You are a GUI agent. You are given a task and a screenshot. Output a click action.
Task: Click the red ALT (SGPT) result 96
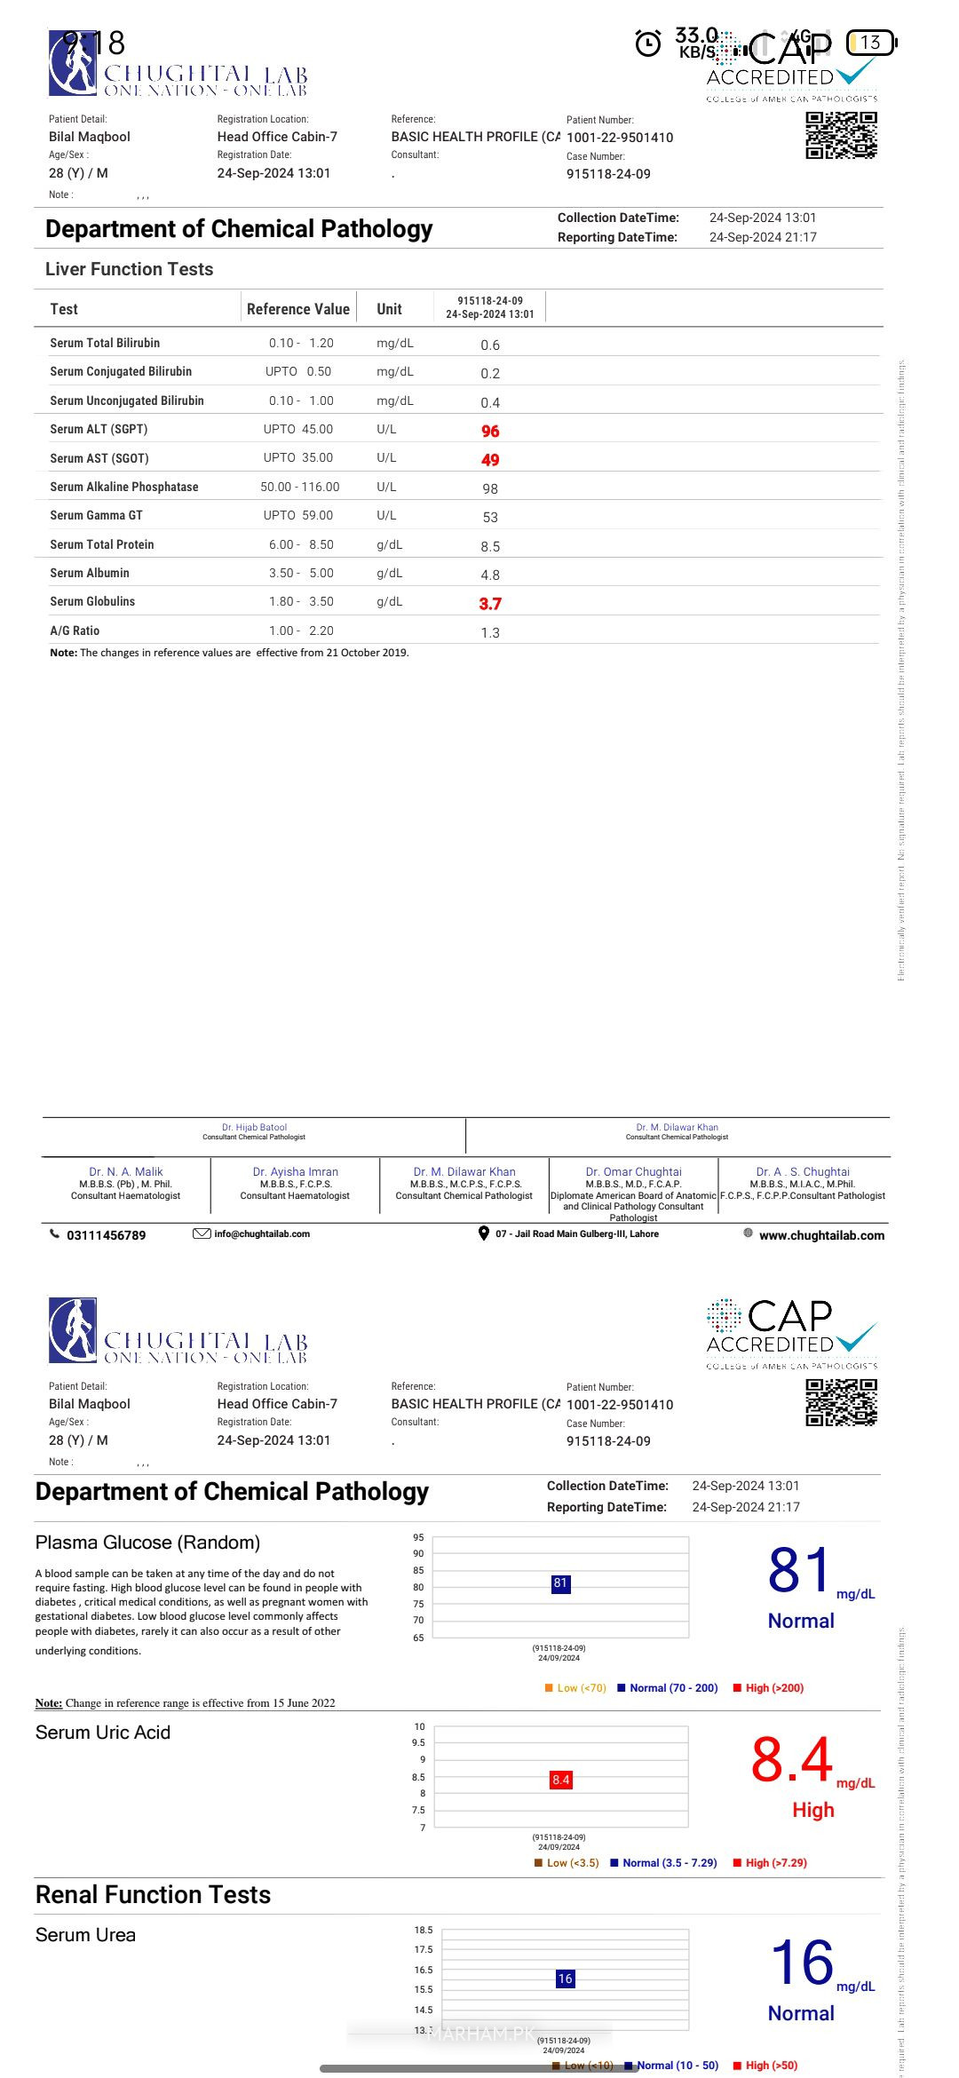coord(490,431)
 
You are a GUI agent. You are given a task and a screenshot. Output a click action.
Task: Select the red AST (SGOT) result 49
coord(490,460)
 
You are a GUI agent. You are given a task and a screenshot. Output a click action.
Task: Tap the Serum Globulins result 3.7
coord(490,604)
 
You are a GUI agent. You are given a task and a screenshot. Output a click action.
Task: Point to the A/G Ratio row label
coord(75,631)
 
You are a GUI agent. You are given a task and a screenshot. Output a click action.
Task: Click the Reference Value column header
coord(298,309)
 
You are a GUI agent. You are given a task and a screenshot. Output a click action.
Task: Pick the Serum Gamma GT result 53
coord(490,517)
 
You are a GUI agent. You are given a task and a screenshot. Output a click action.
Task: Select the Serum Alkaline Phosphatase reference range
coord(300,487)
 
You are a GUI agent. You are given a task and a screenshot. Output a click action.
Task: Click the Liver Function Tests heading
coord(130,269)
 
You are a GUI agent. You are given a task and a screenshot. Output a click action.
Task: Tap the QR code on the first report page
coord(841,136)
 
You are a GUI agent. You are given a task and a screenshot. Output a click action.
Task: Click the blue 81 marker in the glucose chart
coord(560,1582)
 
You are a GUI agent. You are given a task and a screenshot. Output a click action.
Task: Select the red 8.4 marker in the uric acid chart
coord(561,1780)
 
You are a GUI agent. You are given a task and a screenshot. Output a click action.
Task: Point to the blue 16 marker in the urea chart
coord(565,1979)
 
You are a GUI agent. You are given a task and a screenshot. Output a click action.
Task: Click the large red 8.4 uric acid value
coord(791,1760)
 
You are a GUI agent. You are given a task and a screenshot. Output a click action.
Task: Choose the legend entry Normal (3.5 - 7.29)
coord(670,1862)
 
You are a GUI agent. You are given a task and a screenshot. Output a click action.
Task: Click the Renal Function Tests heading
coord(153,1895)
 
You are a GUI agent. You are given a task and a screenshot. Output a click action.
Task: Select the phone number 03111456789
coord(106,1235)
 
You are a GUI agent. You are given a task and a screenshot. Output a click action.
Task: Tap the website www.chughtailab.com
coord(821,1235)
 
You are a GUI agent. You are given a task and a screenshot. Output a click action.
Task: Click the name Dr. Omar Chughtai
coord(633,1171)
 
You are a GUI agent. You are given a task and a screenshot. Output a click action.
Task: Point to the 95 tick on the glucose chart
coord(418,1537)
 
